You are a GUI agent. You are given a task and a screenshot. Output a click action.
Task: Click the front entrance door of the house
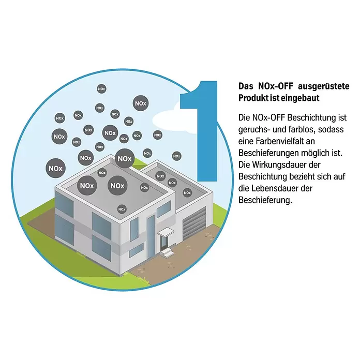pos(163,243)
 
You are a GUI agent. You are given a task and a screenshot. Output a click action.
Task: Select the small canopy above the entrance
pos(166,231)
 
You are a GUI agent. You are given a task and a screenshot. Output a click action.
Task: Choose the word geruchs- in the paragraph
pos(254,130)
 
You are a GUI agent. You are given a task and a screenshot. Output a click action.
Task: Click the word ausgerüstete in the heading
pos(323,86)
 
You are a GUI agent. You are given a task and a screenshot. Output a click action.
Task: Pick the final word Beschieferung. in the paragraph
pos(265,200)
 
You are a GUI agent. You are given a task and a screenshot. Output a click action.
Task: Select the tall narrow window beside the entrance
pos(151,236)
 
